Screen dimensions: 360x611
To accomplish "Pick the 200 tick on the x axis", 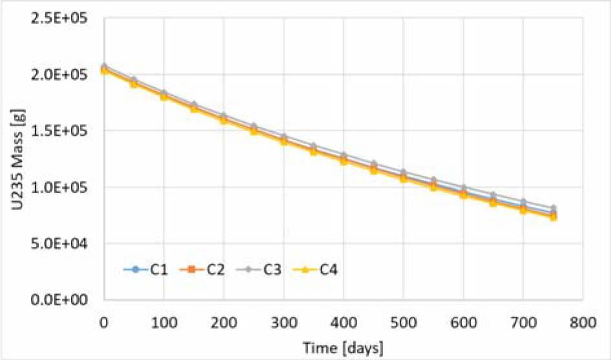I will click(x=223, y=321).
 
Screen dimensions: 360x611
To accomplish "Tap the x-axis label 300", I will click(x=284, y=321).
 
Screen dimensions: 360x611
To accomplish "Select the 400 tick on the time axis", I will click(x=344, y=321).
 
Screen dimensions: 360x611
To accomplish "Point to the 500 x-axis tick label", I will click(x=403, y=321).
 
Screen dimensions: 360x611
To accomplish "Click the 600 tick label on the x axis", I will click(x=463, y=321).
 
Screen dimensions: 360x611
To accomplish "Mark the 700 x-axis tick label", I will click(x=523, y=321).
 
